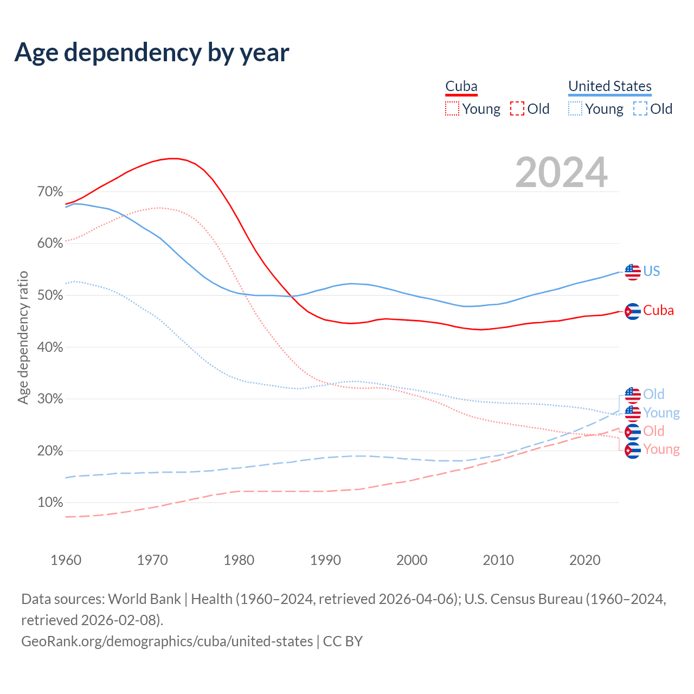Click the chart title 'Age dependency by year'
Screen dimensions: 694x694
(x=152, y=52)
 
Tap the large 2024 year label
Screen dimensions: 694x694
(x=561, y=172)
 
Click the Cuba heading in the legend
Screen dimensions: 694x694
(x=461, y=86)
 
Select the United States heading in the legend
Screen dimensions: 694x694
(x=609, y=86)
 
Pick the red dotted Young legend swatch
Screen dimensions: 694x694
(x=452, y=108)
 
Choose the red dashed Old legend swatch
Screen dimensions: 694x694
(x=517, y=108)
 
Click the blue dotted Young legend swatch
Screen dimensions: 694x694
(x=575, y=108)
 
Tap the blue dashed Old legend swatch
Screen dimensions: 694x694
(x=640, y=108)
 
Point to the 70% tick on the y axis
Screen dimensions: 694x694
(x=50, y=192)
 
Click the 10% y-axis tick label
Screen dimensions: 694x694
(x=50, y=503)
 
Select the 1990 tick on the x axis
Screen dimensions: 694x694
(x=325, y=560)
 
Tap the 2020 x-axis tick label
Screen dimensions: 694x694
(x=584, y=560)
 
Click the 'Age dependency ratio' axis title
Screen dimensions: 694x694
(x=23, y=338)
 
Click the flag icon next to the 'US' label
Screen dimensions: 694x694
(x=633, y=272)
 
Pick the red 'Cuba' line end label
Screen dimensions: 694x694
(x=658, y=311)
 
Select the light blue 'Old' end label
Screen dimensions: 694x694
(x=653, y=394)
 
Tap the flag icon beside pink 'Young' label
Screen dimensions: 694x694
(x=633, y=450)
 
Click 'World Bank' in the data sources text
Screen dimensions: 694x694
(x=144, y=599)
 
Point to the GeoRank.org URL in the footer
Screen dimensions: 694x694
(x=167, y=641)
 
